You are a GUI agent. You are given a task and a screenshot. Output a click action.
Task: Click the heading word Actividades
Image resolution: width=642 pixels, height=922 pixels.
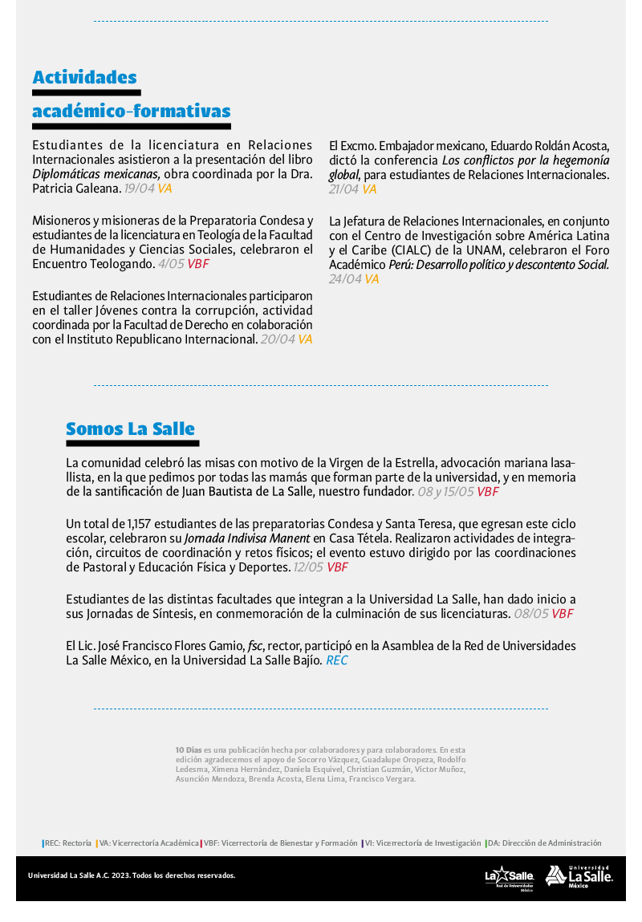(x=84, y=78)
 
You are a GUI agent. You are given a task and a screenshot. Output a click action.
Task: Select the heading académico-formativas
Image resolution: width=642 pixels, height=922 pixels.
(x=131, y=111)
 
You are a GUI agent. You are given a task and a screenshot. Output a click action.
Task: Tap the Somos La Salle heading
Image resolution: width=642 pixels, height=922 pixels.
(x=130, y=429)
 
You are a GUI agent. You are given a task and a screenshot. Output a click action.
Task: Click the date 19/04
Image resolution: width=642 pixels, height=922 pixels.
(x=139, y=189)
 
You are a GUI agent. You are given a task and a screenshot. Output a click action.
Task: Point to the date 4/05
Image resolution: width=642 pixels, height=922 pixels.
(x=171, y=263)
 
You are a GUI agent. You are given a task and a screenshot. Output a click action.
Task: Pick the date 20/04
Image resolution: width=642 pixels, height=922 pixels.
(x=278, y=339)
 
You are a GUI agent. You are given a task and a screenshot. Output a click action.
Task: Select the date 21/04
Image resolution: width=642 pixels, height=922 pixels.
(x=343, y=189)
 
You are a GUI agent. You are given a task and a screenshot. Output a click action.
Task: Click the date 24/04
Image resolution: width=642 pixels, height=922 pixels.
(x=345, y=279)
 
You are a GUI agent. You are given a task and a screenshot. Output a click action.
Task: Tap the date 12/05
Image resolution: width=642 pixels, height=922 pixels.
(x=308, y=567)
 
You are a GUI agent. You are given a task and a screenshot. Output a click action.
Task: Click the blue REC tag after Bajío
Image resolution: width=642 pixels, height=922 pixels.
(x=337, y=661)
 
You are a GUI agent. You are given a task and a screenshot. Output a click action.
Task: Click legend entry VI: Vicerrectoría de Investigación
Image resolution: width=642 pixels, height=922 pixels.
(x=423, y=843)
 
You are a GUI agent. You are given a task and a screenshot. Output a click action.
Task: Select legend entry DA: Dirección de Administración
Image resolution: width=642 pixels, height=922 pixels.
(x=544, y=843)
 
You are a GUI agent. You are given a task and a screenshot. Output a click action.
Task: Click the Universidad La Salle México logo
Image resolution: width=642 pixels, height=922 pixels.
(x=579, y=876)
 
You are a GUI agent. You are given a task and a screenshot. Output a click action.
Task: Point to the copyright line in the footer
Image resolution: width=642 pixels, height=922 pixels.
(x=132, y=875)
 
